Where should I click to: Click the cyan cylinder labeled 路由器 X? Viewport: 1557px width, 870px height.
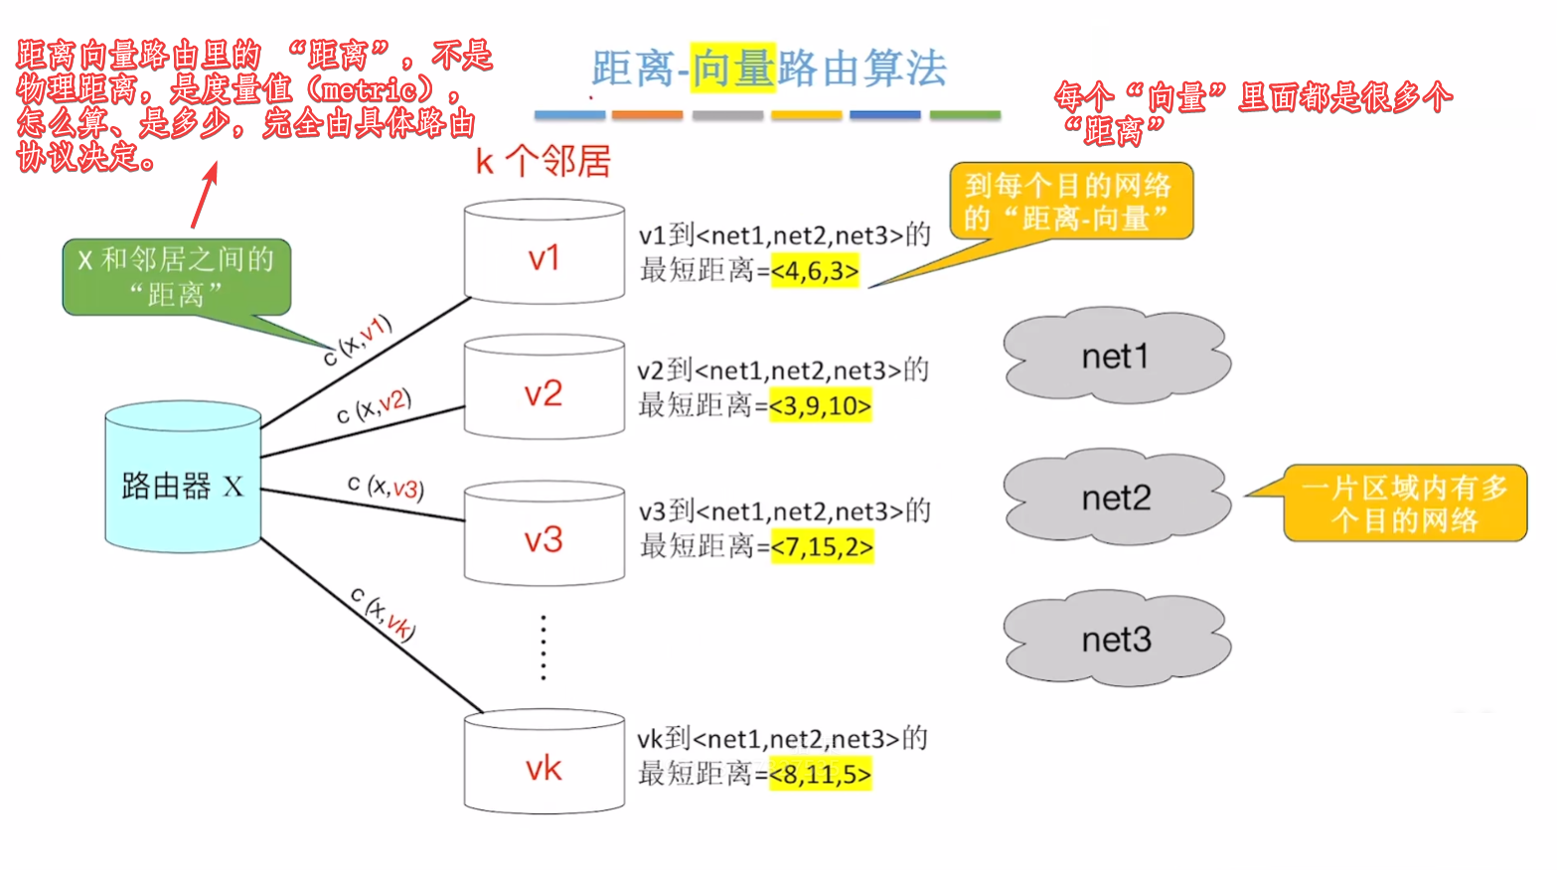click(183, 478)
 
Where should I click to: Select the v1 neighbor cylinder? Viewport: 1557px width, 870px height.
click(544, 252)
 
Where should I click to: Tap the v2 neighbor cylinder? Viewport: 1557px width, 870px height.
click(544, 387)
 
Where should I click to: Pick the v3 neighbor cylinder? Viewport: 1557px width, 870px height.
click(544, 534)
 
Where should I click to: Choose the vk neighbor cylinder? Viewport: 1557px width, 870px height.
click(544, 763)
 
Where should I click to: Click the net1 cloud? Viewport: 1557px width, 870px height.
click(1116, 356)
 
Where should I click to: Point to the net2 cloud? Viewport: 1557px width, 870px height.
click(1116, 498)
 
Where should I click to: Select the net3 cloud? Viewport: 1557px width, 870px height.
click(1116, 639)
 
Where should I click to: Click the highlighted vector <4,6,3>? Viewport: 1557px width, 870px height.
click(815, 271)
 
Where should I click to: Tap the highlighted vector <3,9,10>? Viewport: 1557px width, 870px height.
click(820, 406)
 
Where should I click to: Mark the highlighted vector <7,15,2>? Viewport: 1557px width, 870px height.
click(822, 547)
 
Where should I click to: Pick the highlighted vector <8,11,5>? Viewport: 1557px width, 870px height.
click(820, 775)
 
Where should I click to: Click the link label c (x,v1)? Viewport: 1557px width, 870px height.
click(358, 341)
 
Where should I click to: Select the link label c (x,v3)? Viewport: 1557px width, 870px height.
click(386, 487)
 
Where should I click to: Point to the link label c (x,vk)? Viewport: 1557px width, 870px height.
click(383, 613)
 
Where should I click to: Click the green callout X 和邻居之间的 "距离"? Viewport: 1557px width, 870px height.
click(177, 277)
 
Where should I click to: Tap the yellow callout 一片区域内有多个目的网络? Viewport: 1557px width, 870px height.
click(1404, 504)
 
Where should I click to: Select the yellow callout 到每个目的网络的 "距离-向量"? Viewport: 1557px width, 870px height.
click(1070, 202)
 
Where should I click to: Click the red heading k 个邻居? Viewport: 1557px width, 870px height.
click(543, 161)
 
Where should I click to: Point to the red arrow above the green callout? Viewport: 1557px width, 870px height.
click(204, 196)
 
